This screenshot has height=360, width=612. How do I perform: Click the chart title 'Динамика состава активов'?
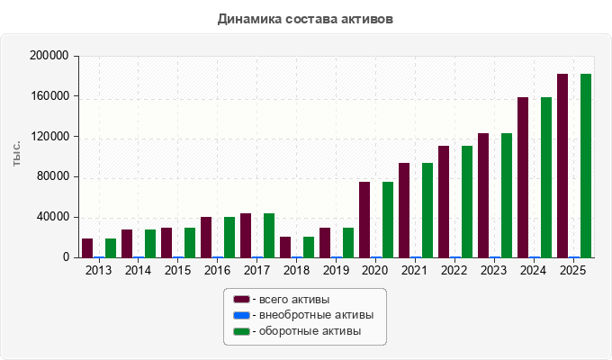click(305, 19)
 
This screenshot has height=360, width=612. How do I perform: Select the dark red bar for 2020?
click(364, 220)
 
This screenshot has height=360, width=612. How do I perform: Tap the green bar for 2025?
click(586, 166)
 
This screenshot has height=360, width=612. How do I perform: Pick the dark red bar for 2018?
click(285, 247)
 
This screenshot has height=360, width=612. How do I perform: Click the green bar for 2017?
click(269, 236)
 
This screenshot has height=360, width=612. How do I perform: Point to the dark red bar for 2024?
click(523, 177)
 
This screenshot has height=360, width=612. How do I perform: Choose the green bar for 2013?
click(111, 247)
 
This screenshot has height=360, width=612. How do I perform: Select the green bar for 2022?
click(467, 202)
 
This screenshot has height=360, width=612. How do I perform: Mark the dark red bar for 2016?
click(206, 238)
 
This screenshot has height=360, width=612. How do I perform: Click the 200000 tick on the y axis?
click(49, 56)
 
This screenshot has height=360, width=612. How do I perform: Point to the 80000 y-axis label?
click(53, 176)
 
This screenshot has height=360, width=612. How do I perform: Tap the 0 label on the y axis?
click(66, 256)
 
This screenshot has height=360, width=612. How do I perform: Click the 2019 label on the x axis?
click(336, 270)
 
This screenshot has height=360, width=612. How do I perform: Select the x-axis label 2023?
click(494, 270)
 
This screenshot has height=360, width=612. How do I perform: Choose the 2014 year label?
click(138, 270)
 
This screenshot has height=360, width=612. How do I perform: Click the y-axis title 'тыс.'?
click(17, 154)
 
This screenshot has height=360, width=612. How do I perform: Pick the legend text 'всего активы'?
click(294, 300)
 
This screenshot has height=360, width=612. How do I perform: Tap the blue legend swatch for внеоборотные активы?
click(241, 315)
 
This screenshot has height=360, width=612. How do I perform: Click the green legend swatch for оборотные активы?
click(241, 331)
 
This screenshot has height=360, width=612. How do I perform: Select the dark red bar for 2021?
click(404, 211)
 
